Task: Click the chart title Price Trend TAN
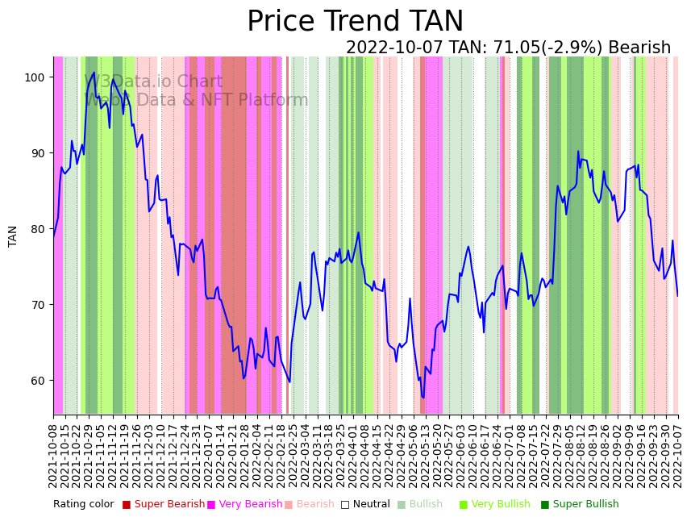tap(355, 22)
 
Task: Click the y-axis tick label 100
tap(35, 77)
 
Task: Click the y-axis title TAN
tap(13, 236)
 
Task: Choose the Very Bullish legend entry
tap(500, 505)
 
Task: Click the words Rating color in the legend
tap(84, 505)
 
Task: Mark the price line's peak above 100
tap(94, 73)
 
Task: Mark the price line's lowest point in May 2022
tap(423, 397)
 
